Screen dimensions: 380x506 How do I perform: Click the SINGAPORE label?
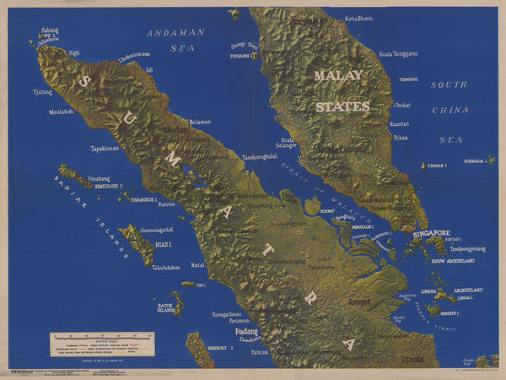pos(431,232)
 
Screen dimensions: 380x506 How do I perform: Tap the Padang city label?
pos(245,332)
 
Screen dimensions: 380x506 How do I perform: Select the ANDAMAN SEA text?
pos(176,41)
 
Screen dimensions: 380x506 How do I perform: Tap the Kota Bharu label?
pos(359,17)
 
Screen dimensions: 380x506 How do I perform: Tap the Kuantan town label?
pos(399,123)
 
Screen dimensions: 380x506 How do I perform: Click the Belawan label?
pos(200,122)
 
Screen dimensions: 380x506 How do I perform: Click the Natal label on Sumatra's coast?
pos(197,264)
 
